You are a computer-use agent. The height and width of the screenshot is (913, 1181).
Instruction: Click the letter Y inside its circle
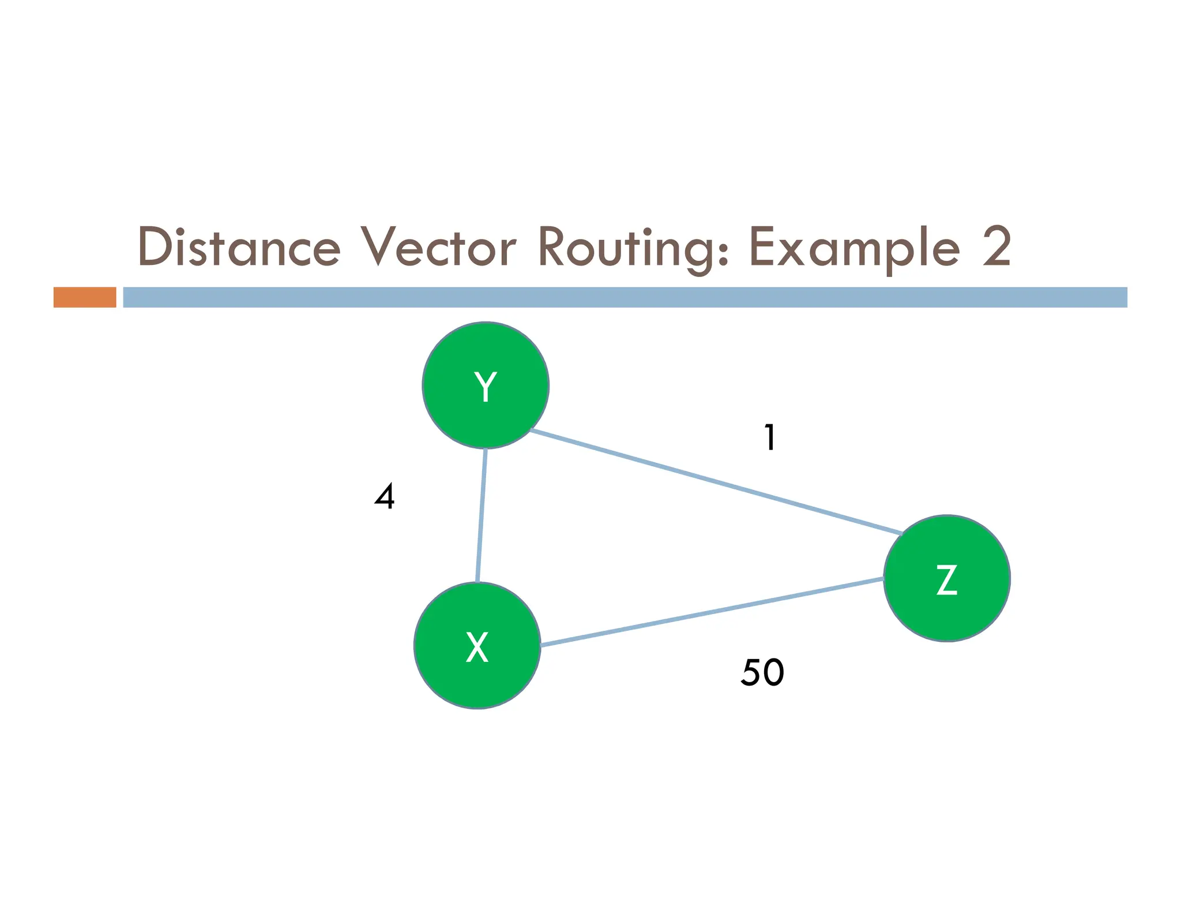point(486,386)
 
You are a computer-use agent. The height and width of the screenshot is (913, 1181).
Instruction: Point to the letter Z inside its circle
point(946,579)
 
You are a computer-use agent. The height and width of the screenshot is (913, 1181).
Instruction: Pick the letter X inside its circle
point(477,647)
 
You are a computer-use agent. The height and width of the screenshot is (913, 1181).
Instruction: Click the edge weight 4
point(385,496)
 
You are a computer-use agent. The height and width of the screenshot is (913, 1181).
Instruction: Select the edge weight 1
point(770,437)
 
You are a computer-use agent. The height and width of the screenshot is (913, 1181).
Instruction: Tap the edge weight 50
point(762,672)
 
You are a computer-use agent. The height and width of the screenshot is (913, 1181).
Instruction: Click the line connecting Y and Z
point(715,482)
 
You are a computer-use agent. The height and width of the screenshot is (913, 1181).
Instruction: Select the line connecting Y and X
point(482,515)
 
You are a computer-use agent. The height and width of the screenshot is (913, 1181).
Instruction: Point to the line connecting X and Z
point(712,611)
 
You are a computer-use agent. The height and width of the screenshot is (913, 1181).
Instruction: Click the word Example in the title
point(854,248)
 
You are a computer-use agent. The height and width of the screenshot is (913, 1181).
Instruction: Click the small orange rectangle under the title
point(85,297)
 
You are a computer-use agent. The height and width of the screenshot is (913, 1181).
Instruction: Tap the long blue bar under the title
point(625,297)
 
